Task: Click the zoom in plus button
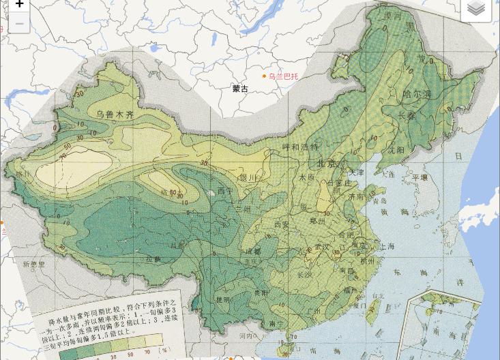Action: [x=19, y=5]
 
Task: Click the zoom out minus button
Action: [x=19, y=23]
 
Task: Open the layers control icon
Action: [x=476, y=9]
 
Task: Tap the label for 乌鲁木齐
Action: [x=115, y=115]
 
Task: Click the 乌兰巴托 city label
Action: [x=282, y=76]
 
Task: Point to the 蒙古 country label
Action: [x=240, y=89]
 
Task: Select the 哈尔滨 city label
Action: [x=417, y=94]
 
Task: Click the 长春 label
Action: [x=407, y=116]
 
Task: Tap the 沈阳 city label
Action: [x=396, y=149]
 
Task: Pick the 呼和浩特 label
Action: [x=300, y=147]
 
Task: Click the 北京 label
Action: [x=326, y=164]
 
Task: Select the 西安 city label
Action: [x=282, y=224]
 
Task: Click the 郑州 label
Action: [x=318, y=221]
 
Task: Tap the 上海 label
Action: [x=387, y=246]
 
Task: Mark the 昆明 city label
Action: [x=223, y=299]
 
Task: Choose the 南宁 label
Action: [x=276, y=324]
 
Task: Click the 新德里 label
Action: [x=33, y=264]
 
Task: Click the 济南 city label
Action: [x=355, y=196]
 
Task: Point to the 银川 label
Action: [x=247, y=178]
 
